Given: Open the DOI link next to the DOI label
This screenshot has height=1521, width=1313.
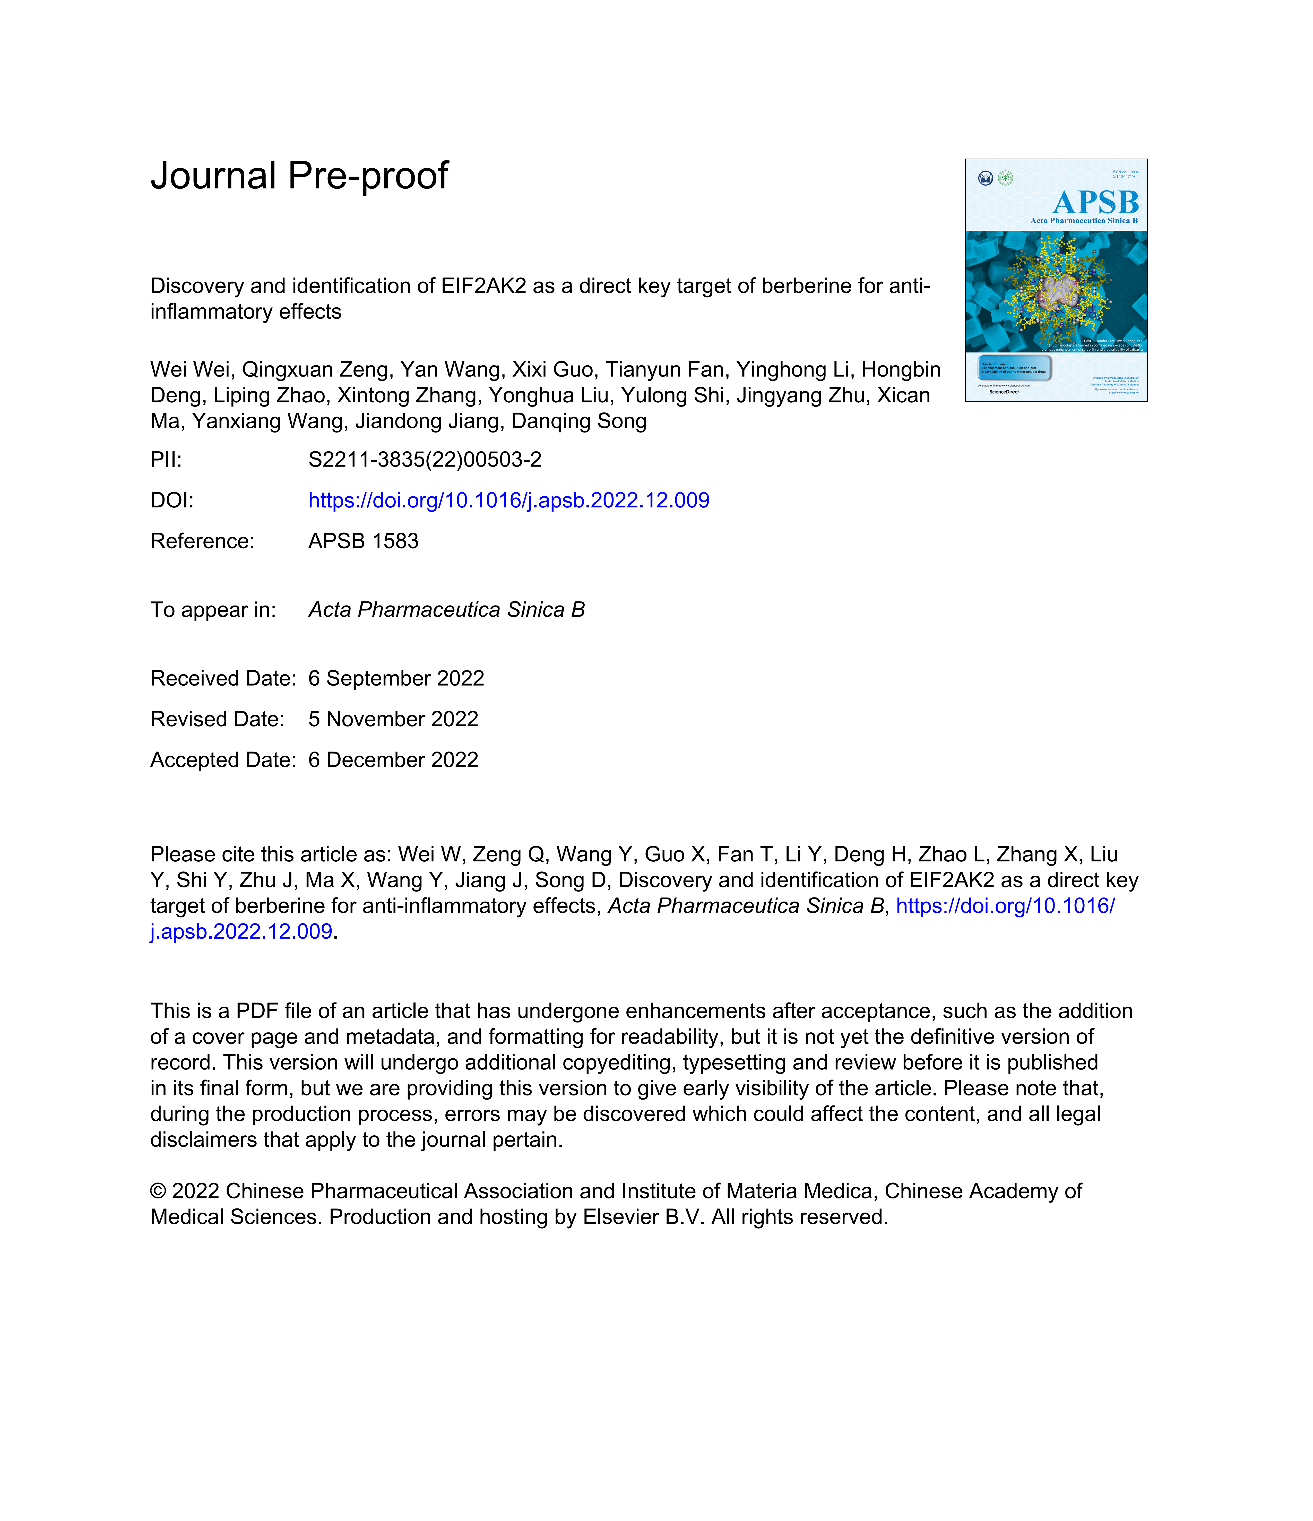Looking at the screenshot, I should [509, 501].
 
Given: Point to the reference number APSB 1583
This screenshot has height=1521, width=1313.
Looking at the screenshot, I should [363, 541].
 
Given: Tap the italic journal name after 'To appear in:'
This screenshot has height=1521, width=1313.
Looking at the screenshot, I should [446, 610].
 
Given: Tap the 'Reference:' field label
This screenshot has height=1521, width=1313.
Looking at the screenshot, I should [202, 541].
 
